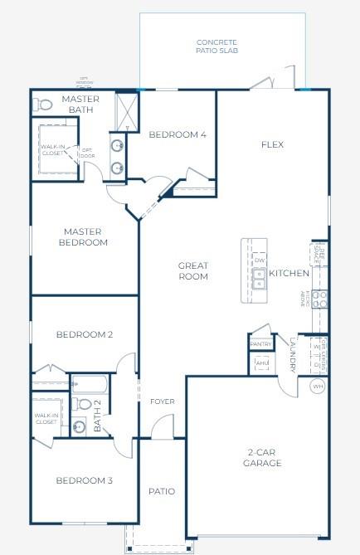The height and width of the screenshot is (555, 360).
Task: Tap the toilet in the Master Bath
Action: [x=42, y=105]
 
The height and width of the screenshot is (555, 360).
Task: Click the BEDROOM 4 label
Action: [x=177, y=134]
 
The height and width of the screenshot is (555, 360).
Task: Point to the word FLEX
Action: [x=272, y=144]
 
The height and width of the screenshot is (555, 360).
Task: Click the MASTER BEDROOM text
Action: [x=83, y=236]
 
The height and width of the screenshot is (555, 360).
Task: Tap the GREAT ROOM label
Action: [x=192, y=270]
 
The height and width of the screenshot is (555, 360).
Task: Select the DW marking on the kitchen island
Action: [x=260, y=260]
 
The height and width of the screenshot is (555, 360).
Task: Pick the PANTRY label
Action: [x=260, y=343]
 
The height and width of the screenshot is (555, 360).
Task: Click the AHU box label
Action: [x=262, y=363]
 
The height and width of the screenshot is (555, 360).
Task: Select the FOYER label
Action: [x=162, y=402]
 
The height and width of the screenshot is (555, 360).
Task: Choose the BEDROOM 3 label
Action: [x=84, y=480]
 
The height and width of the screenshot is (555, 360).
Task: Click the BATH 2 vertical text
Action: [x=97, y=416]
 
